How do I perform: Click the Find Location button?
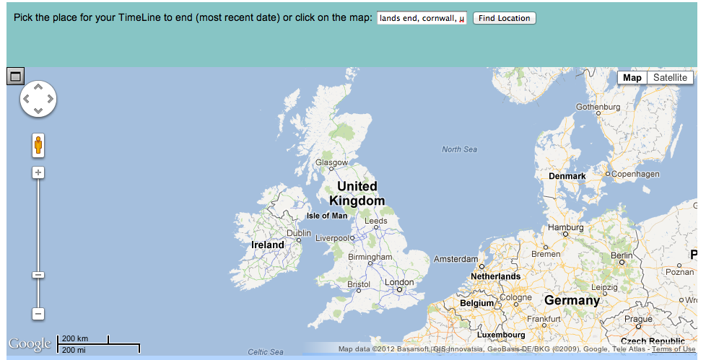(504, 18)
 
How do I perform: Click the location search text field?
(422, 18)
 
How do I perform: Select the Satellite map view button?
(670, 78)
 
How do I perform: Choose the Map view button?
(632, 78)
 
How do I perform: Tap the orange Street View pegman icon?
(38, 145)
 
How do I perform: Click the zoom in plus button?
(38, 172)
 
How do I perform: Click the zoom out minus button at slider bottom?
(38, 314)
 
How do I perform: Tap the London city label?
(399, 282)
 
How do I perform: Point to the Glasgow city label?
(331, 162)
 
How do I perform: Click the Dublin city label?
(299, 233)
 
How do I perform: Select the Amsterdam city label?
(456, 259)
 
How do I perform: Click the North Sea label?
(460, 149)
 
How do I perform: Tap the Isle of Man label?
(327, 216)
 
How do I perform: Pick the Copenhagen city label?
(635, 174)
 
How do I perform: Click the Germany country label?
(572, 300)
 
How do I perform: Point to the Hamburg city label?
(566, 227)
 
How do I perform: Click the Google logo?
(30, 344)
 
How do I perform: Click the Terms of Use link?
(674, 349)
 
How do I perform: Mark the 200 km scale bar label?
(75, 338)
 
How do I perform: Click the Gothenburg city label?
(598, 107)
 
